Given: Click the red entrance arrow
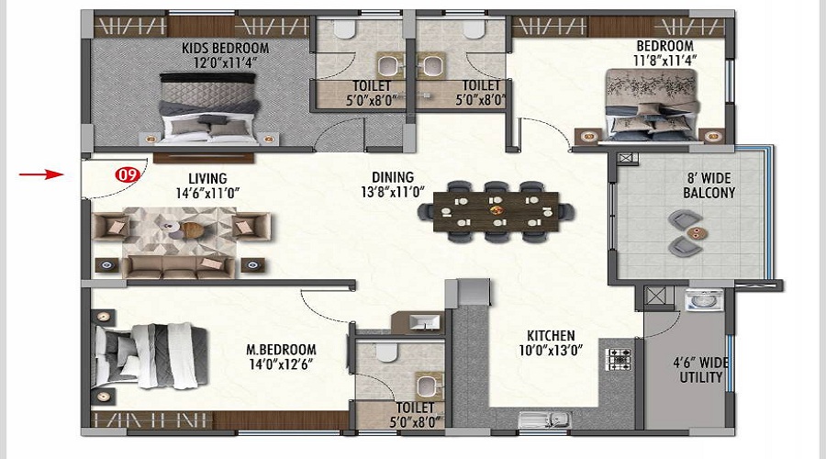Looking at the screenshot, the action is point(41,174).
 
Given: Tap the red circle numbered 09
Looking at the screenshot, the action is point(127,174).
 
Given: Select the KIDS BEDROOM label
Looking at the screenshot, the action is point(226,49).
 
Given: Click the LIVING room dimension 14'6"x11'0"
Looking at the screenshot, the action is point(207,194).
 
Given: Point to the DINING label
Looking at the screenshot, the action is point(393,177).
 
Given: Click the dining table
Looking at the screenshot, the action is point(496,212).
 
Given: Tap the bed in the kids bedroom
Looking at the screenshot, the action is point(210,108).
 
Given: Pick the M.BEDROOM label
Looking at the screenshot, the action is point(282,350).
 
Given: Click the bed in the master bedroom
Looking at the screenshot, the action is point(151,356).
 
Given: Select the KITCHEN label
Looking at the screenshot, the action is point(551,336).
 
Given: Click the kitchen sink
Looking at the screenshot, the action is point(544,420).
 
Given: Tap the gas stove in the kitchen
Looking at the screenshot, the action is point(619,360).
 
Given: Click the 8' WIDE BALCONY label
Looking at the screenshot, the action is point(709,185).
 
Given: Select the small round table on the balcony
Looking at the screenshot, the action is point(697,232).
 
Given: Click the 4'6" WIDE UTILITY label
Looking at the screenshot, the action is point(700,370).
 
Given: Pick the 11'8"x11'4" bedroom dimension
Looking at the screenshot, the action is point(664,61).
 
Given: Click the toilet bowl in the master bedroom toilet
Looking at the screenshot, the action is point(386,352).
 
